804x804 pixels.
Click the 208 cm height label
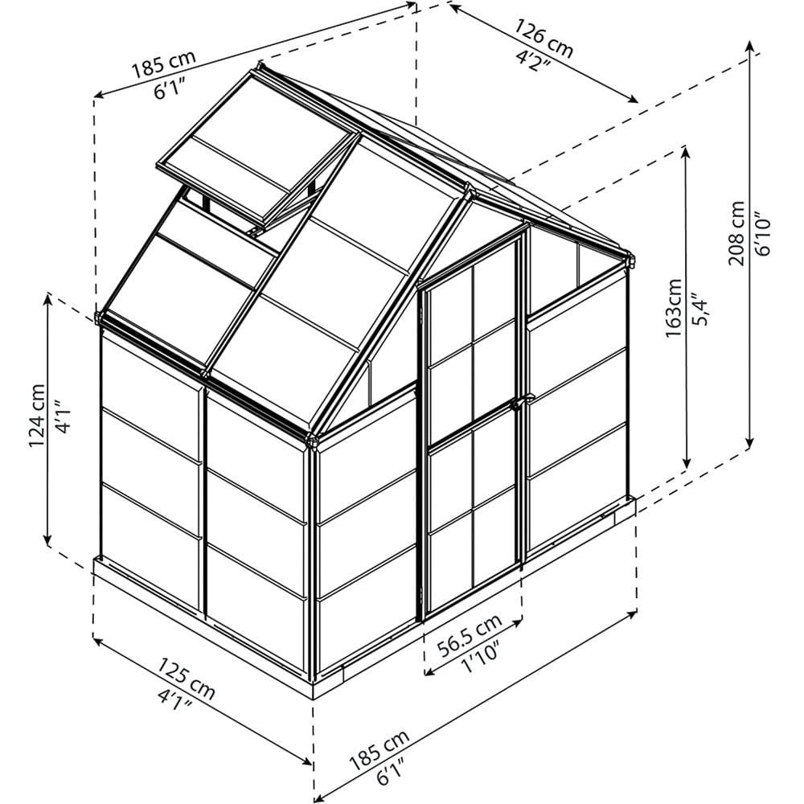pos(736,233)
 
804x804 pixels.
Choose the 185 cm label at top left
pos(164,64)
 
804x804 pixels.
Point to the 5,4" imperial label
pos(699,309)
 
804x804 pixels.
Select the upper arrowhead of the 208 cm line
pos(750,45)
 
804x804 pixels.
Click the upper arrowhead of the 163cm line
pos(686,151)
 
